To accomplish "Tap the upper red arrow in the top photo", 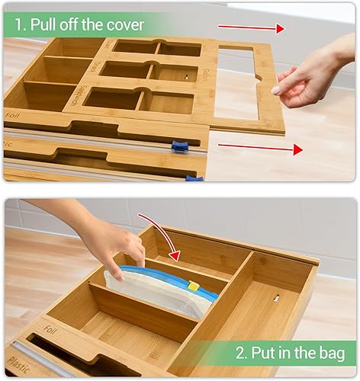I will [x=251, y=27].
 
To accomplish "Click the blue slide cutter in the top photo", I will [x=179, y=146].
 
